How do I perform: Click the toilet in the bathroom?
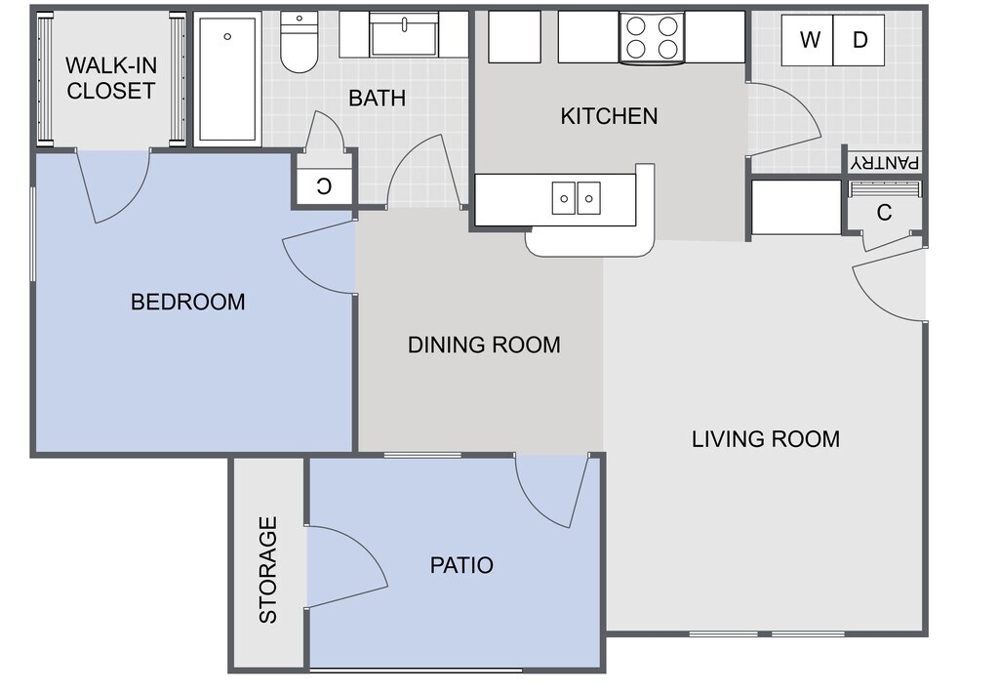coord(299,41)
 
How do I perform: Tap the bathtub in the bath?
coord(227,79)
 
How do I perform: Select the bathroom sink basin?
coord(405,37)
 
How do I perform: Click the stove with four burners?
coord(652,38)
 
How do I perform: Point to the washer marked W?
coord(807,40)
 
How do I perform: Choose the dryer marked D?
coord(859,40)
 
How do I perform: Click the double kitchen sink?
coord(576,197)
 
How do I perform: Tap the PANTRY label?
coord(886,163)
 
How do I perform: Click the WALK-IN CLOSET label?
coord(111,78)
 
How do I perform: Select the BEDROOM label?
coord(188,302)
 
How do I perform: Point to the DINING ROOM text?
coord(484,345)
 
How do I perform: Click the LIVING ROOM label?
coord(766,439)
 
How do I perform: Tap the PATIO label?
coord(461,565)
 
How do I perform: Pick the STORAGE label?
coord(268,569)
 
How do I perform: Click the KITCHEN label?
coord(609,116)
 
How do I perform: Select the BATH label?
coord(378,99)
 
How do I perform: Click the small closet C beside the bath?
coord(324,186)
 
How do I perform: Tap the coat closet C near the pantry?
coord(884,213)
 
